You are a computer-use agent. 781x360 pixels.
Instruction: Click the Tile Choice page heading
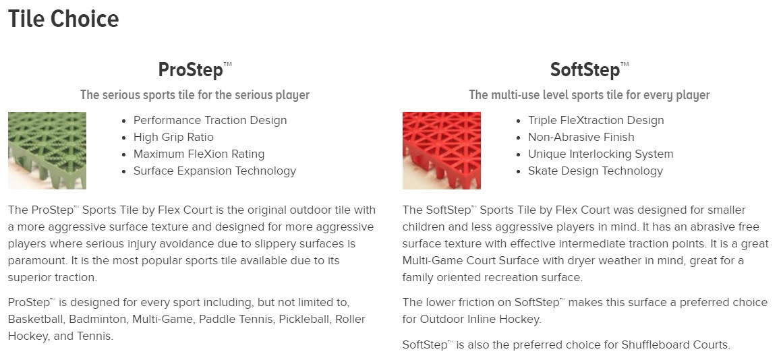pyautogui.click(x=63, y=20)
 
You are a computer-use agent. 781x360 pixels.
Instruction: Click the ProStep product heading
pyautogui.click(x=195, y=69)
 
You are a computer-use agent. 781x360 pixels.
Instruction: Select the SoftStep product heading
pyautogui.click(x=589, y=69)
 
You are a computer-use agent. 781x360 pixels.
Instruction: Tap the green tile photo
pyautogui.click(x=47, y=150)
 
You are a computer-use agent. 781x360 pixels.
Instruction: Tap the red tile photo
pyautogui.click(x=441, y=150)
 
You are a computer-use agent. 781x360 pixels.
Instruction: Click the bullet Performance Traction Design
pyautogui.click(x=210, y=121)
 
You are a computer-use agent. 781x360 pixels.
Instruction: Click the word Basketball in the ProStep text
pyautogui.click(x=36, y=319)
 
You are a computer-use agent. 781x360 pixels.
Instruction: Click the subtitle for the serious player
pyautogui.click(x=195, y=95)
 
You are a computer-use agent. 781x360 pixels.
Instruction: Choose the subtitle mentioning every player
pyautogui.click(x=589, y=95)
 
